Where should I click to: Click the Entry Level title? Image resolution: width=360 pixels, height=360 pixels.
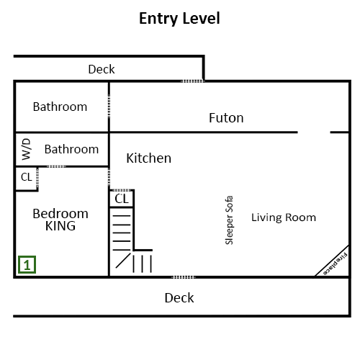click(179, 19)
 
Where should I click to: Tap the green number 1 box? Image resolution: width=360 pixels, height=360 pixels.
click(27, 265)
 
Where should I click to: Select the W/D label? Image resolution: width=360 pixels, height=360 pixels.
click(26, 149)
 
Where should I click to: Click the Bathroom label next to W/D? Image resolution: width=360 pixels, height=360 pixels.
click(71, 149)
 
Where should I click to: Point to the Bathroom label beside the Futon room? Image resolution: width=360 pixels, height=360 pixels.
click(60, 107)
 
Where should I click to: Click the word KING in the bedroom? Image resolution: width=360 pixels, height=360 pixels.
click(60, 226)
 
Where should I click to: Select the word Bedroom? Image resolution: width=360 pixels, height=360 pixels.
click(60, 214)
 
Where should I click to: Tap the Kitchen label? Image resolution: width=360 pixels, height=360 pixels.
click(149, 158)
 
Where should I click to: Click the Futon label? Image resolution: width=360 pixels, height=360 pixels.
click(226, 118)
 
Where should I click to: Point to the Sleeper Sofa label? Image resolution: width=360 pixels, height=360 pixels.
click(229, 220)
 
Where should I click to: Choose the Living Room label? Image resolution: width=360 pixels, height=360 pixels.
click(284, 217)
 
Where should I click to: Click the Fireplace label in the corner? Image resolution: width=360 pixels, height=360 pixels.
click(335, 264)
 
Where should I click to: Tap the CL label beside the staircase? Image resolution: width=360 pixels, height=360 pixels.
click(122, 199)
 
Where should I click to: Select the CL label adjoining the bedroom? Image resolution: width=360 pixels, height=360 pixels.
click(27, 177)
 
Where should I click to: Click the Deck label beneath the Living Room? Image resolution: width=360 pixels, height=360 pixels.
click(179, 298)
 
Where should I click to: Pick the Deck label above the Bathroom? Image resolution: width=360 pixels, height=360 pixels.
click(102, 69)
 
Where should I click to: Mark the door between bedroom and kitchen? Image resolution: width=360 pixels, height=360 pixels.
click(109, 177)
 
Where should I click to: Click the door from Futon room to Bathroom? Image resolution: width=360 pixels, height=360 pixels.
click(109, 106)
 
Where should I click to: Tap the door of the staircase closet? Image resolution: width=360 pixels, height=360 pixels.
click(122, 190)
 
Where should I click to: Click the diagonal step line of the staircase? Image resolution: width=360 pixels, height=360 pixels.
click(123, 261)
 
